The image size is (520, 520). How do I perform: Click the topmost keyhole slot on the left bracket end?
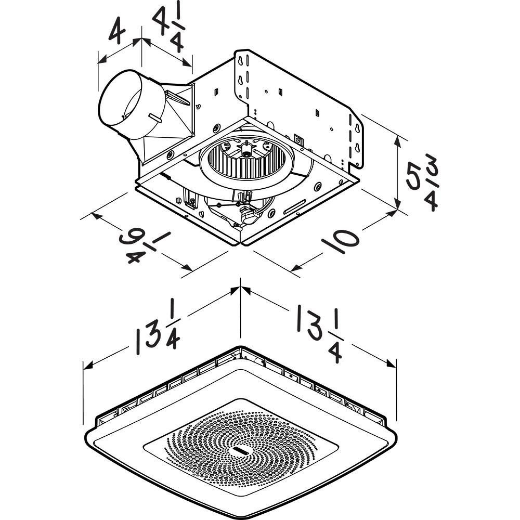241,62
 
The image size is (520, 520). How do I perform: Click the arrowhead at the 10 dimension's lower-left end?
294,268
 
